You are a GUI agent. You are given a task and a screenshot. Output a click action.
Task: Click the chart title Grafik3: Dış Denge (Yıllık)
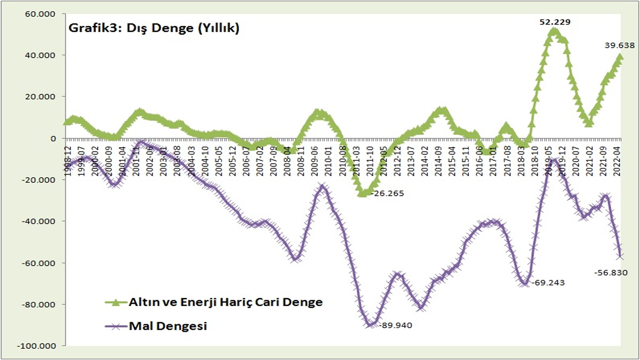154,29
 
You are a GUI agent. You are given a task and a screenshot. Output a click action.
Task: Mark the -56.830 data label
610,273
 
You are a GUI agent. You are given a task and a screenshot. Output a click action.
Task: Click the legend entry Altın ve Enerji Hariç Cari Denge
225,302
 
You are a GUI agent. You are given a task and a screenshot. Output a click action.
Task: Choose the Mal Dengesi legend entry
167,326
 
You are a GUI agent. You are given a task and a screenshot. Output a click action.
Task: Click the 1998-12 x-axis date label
69,159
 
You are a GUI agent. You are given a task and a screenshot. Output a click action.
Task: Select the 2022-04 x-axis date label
615,159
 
